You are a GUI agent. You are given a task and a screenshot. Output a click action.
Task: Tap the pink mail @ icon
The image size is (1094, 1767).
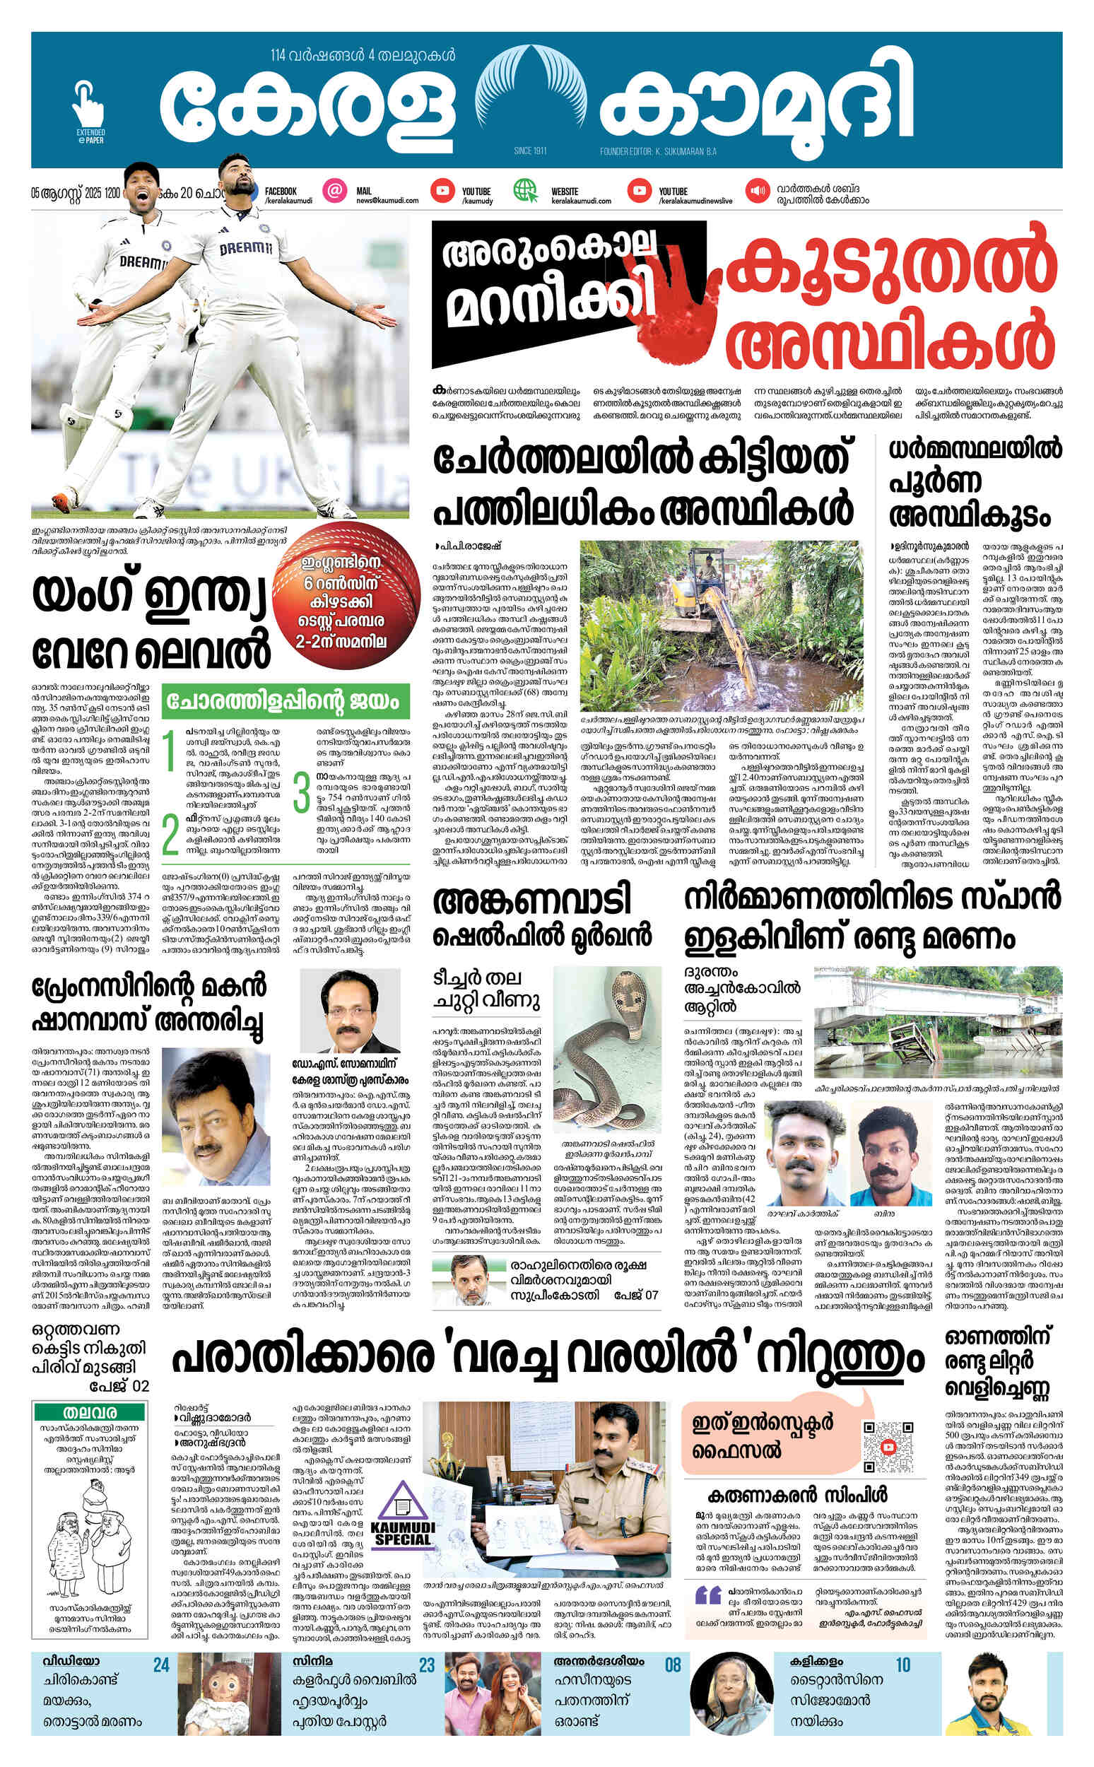click(x=334, y=191)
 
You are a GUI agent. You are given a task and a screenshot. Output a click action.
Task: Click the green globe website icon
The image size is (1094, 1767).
click(x=526, y=191)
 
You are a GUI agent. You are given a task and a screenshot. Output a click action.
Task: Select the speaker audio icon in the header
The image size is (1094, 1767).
click(x=758, y=191)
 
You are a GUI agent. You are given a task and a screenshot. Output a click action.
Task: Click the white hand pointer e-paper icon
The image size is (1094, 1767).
click(x=89, y=109)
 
